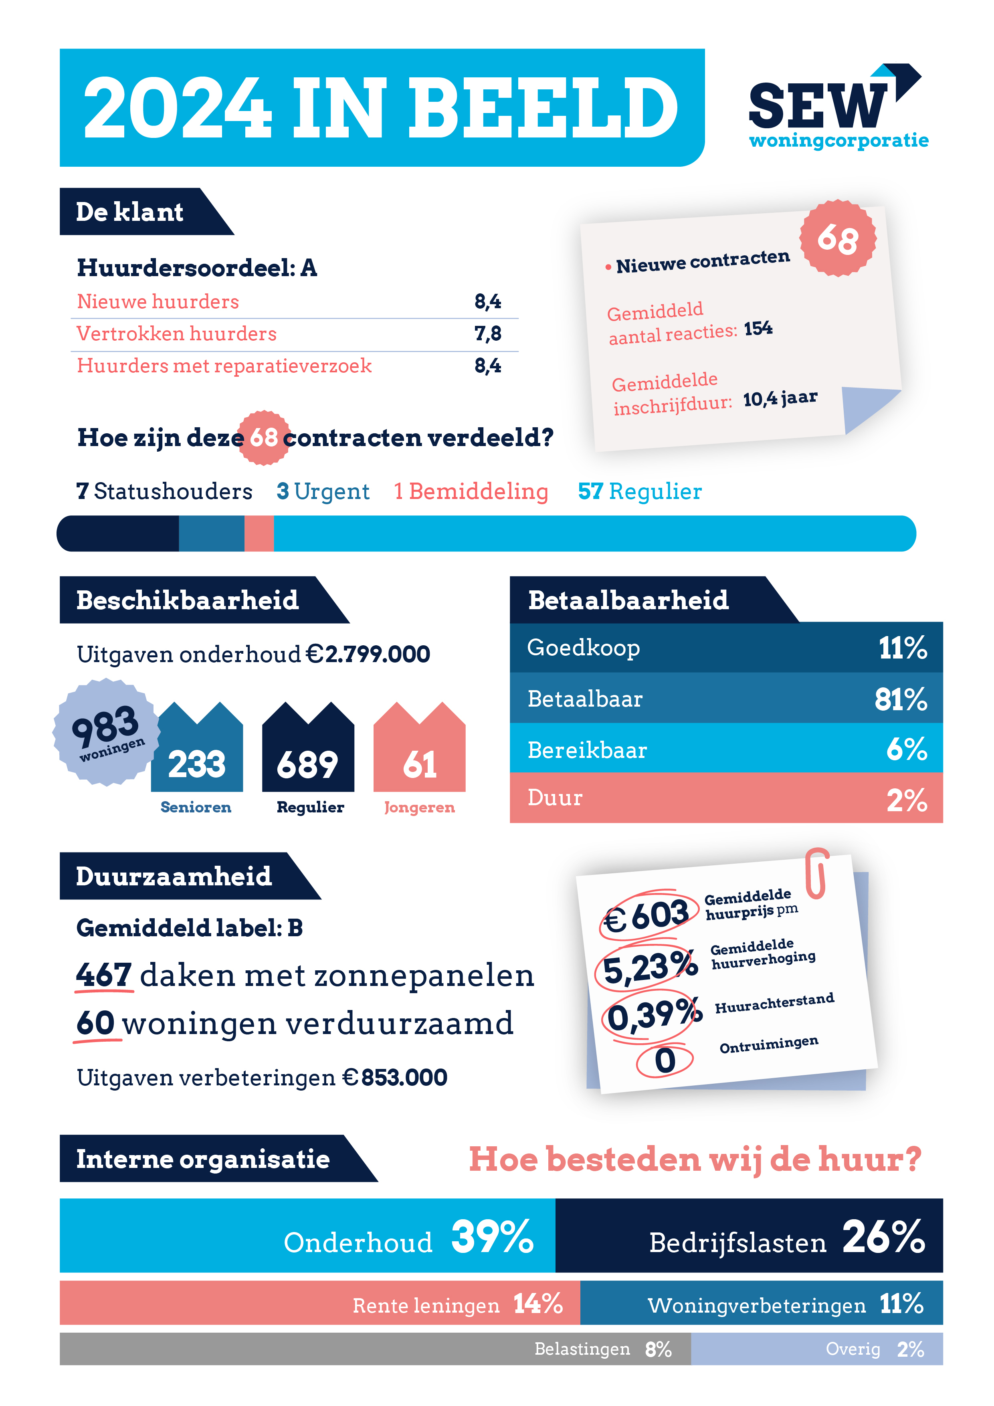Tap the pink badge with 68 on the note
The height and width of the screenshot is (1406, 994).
point(837,238)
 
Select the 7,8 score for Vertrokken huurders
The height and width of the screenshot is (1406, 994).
point(487,334)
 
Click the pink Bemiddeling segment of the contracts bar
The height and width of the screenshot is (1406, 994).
point(259,533)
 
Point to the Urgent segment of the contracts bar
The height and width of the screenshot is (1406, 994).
point(211,533)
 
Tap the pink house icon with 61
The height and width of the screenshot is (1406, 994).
point(420,750)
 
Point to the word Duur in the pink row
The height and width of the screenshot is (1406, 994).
point(555,798)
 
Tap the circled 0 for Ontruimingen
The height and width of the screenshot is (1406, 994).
point(665,1061)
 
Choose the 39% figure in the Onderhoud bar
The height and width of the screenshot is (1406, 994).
point(492,1236)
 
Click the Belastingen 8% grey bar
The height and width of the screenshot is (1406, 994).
point(375,1349)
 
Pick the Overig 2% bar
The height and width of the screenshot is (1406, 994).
point(816,1349)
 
